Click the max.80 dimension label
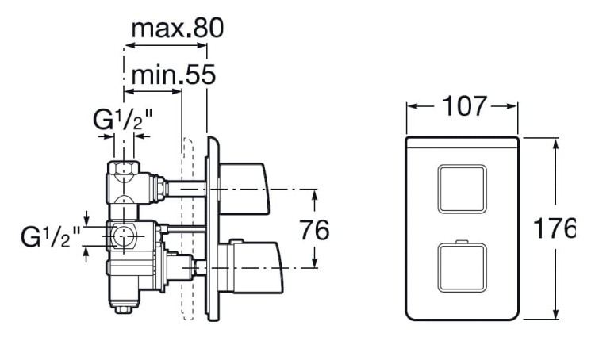pos(177,29)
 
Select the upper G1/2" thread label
pos(123,121)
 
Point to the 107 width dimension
pos(462,106)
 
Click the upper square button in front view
pos(461,189)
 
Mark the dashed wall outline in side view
pos(188,230)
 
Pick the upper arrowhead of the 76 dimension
pos(314,193)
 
